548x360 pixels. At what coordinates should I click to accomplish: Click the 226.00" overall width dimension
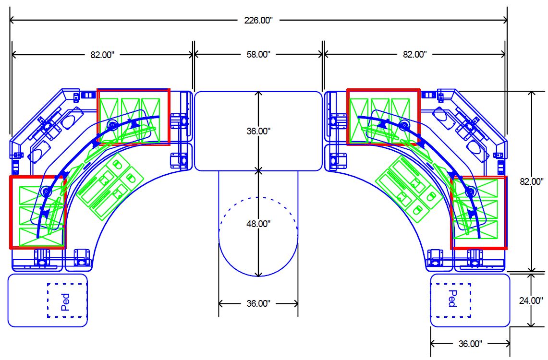(x=258, y=20)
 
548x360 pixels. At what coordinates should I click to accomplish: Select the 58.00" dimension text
(x=258, y=54)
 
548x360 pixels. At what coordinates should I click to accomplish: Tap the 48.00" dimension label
(x=258, y=224)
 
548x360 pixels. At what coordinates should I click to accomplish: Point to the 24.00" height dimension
(x=531, y=300)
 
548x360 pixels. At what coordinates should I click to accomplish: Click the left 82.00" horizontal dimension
(x=102, y=55)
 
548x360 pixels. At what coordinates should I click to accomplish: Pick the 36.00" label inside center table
(x=258, y=131)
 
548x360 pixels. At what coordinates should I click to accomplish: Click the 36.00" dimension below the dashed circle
(x=258, y=303)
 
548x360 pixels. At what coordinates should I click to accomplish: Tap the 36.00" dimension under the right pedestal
(x=470, y=344)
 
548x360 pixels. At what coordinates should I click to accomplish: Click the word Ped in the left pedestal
(x=65, y=302)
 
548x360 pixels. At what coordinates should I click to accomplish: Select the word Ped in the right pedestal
(x=452, y=299)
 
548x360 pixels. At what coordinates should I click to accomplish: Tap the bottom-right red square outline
(x=506, y=213)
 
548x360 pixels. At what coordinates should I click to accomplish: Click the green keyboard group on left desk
(x=110, y=187)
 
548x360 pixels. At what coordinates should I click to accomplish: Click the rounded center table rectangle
(x=258, y=92)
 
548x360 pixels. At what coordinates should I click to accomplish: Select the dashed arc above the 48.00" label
(x=258, y=198)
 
